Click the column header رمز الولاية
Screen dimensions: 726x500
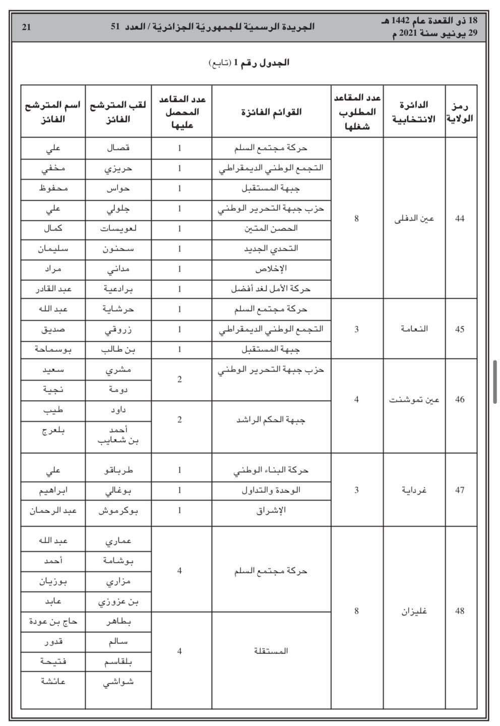point(460,111)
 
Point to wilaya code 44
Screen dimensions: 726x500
point(460,218)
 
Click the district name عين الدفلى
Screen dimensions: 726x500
point(414,218)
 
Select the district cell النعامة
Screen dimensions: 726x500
point(414,329)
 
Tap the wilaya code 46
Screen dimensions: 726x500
point(460,399)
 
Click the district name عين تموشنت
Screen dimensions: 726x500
point(414,399)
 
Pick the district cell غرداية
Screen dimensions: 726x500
point(414,490)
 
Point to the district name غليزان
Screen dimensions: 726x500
point(414,611)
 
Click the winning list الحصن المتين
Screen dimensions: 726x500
point(271,228)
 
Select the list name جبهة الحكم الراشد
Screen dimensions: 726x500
point(271,419)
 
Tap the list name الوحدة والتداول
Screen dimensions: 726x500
point(271,490)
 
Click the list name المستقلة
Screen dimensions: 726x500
point(271,651)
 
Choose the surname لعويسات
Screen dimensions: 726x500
point(118,228)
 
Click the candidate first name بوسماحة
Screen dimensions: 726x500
point(53,349)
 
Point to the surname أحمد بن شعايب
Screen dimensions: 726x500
point(118,435)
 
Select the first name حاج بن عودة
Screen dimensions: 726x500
point(53,622)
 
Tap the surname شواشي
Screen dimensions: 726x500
point(118,682)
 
